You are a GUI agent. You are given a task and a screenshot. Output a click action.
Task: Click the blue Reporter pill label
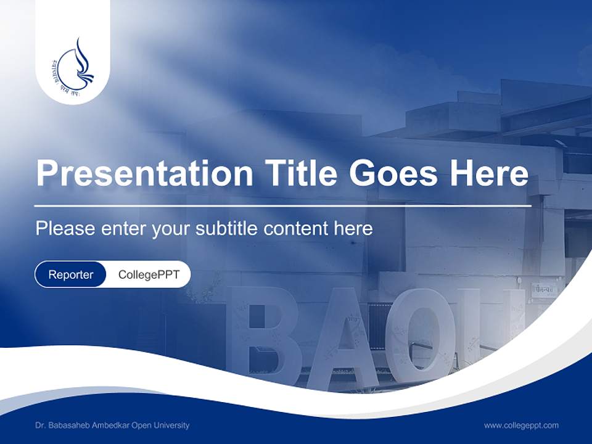(71, 274)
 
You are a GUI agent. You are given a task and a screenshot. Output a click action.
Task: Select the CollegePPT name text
(149, 274)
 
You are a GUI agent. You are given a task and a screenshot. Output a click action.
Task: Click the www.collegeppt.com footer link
(521, 425)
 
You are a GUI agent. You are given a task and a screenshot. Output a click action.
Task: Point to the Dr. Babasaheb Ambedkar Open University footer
(112, 425)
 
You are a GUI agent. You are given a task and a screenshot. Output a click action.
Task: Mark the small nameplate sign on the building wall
(544, 289)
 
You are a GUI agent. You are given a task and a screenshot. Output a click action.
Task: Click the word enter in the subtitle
(123, 229)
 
